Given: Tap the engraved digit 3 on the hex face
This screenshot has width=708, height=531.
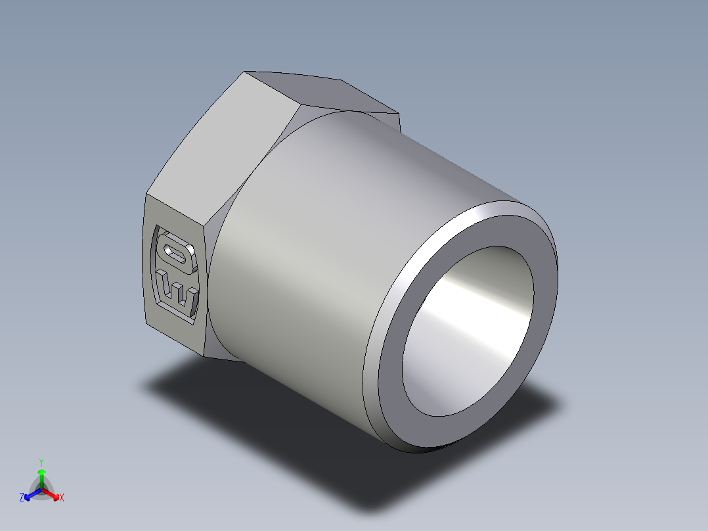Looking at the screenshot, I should [x=177, y=289].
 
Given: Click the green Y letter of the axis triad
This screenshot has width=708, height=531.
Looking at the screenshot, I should [x=41, y=462].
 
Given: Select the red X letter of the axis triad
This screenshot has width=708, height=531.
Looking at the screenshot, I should [x=61, y=498].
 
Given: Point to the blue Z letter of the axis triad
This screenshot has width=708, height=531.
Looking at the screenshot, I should [x=22, y=498].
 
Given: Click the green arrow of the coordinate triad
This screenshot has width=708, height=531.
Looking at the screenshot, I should [x=41, y=476].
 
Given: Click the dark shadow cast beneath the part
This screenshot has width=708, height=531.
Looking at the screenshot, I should [x=263, y=407].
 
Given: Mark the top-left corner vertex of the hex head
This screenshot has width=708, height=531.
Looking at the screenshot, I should [x=245, y=72].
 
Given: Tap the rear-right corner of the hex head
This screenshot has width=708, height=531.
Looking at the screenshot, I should [x=399, y=115].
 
